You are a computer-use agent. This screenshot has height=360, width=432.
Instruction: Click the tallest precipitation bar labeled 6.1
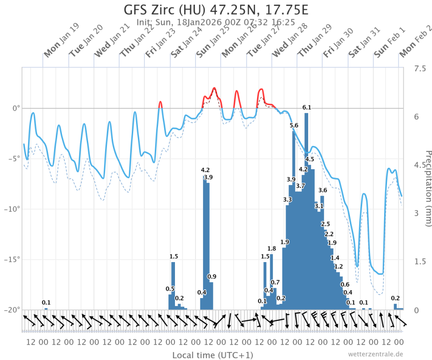[x=306, y=211]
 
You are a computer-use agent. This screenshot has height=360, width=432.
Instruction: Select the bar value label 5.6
[x=294, y=125]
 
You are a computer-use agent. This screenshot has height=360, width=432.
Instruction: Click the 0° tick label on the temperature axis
[x=15, y=108]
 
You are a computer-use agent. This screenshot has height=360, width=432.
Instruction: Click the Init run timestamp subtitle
[x=216, y=22]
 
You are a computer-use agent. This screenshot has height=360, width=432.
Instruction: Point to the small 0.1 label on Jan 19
[x=46, y=302]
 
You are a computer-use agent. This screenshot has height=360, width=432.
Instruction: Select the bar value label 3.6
[x=322, y=190]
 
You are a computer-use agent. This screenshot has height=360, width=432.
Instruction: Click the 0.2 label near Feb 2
[x=395, y=298]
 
